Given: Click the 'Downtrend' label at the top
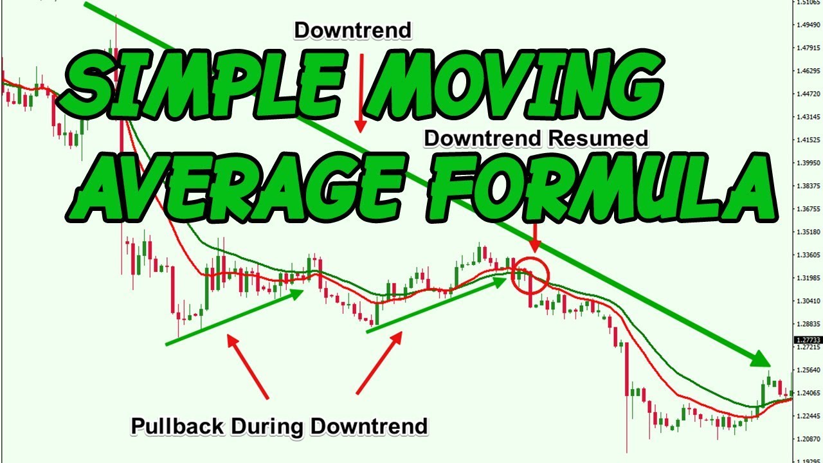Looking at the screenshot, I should (352, 30).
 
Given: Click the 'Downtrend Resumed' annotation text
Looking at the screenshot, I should (536, 138).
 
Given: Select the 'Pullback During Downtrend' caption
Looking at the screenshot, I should (279, 426).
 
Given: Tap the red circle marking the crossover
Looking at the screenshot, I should (531, 275).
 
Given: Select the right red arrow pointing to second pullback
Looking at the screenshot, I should (379, 363).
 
